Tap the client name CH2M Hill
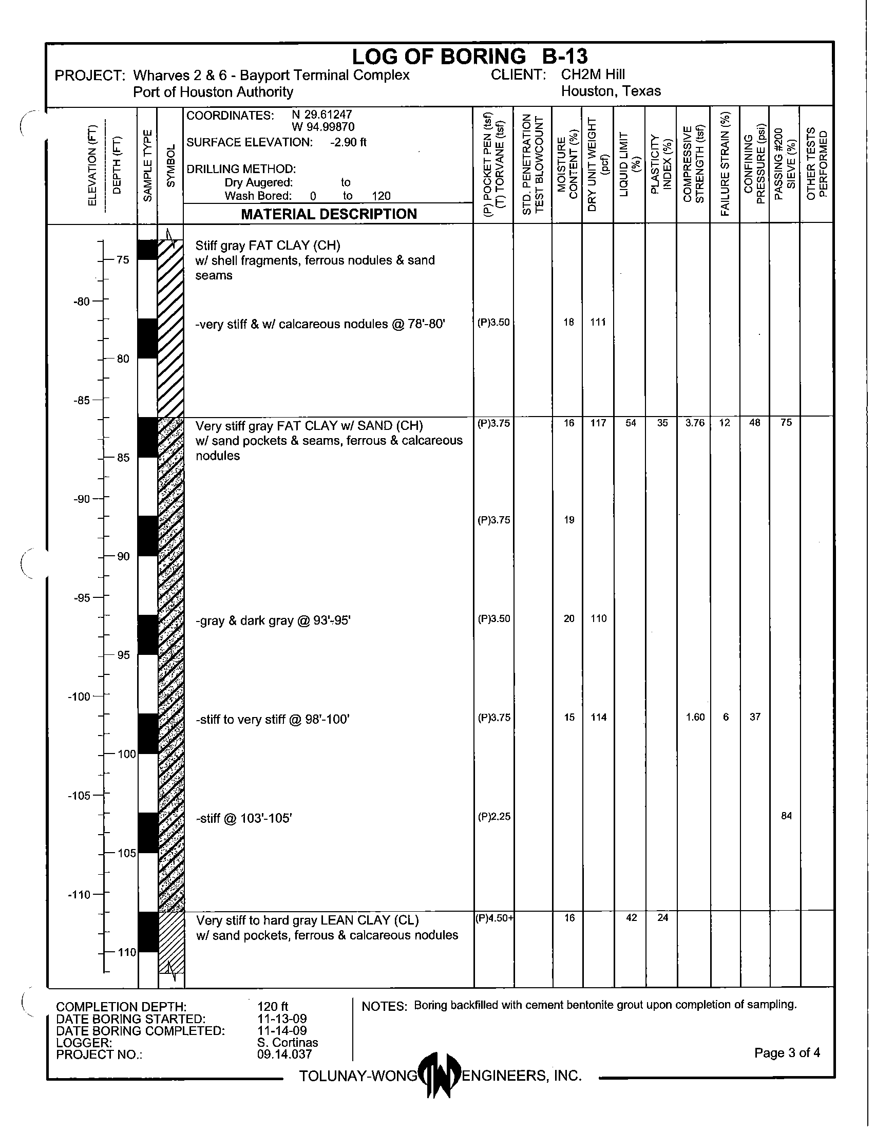coord(593,74)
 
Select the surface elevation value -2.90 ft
coord(348,142)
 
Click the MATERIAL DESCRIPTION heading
coord(329,214)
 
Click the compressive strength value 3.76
coord(695,423)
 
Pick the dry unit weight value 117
coord(598,423)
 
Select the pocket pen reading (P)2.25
coord(494,817)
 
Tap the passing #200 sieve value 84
coord(786,816)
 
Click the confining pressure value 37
coord(755,717)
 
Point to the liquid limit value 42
coord(631,917)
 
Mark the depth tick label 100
coord(127,754)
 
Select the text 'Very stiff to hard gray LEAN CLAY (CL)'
coord(307,920)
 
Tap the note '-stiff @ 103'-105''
coord(243,818)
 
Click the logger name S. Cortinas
coord(288,1043)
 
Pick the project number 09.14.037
coord(284,1054)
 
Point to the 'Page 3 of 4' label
coord(787,1053)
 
